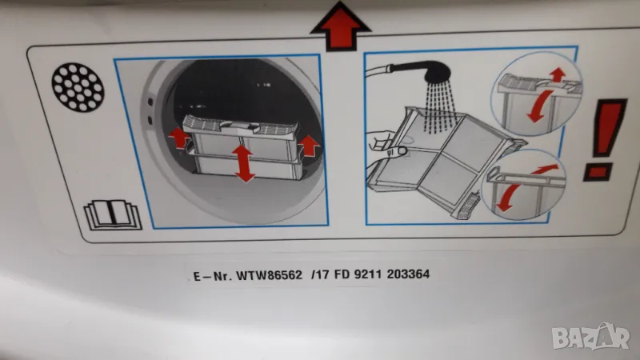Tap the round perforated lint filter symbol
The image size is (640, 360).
click(78, 87)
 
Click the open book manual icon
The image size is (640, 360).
click(113, 214)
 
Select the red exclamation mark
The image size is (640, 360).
click(605, 139)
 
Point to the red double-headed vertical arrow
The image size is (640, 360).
click(243, 164)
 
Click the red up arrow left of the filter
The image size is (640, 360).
click(178, 138)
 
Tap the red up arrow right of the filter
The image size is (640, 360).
click(309, 146)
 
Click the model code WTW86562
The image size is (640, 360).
click(270, 275)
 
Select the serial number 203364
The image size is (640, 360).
click(408, 274)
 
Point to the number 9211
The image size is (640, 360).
click(368, 274)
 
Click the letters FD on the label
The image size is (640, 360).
click(342, 274)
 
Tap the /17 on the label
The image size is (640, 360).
click(320, 274)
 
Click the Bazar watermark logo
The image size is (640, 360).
click(590, 338)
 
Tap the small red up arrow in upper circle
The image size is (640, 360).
click(557, 74)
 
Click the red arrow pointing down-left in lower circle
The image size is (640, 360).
click(509, 198)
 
